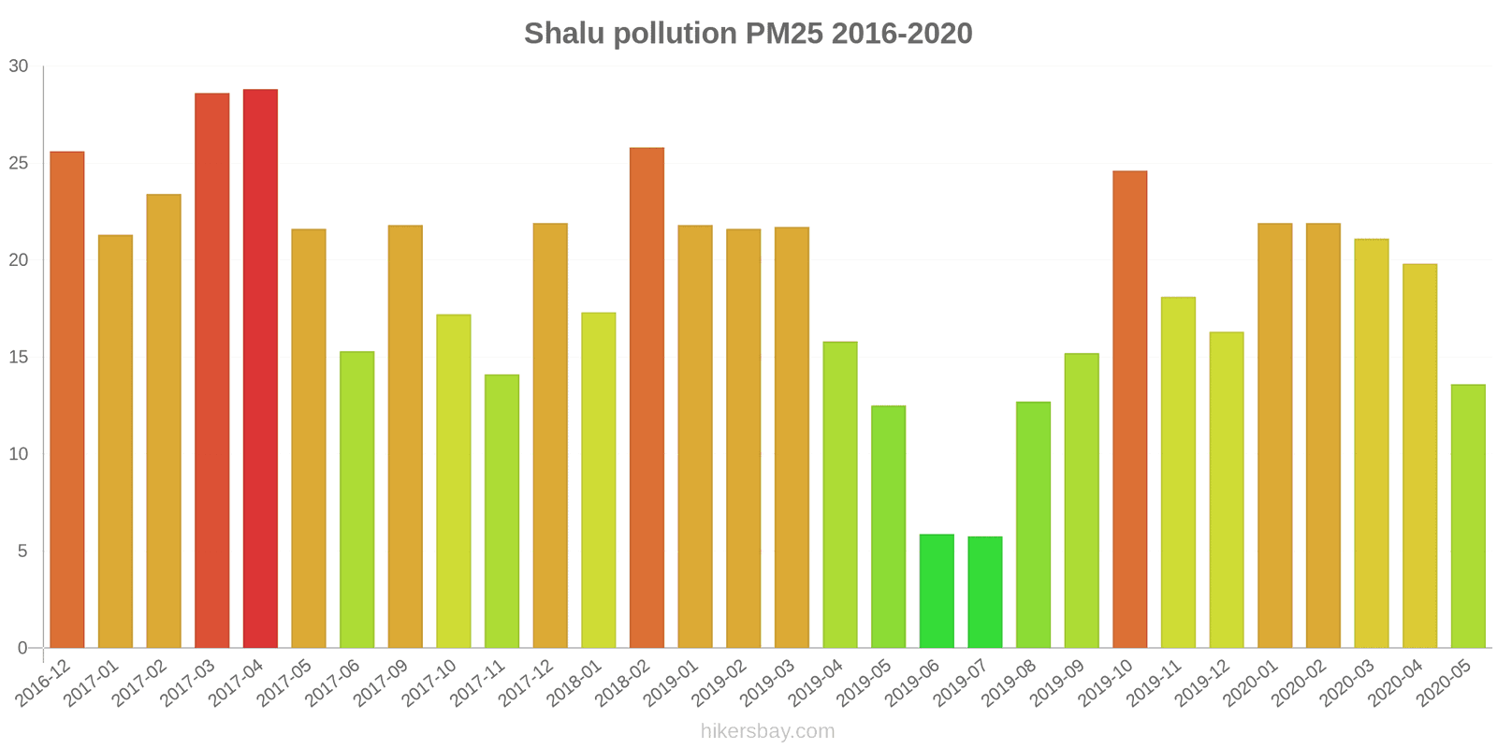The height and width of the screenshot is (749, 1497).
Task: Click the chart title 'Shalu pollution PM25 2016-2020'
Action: tap(748, 34)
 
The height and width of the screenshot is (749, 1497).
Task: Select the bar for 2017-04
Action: tap(260, 369)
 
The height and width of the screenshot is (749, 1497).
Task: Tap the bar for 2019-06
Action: tap(937, 591)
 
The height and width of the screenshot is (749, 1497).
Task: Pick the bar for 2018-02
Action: tap(647, 398)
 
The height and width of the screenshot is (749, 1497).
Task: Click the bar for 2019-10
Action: tap(1130, 409)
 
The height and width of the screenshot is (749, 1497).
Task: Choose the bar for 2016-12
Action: tap(67, 400)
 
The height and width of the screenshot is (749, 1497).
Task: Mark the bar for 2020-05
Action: tap(1468, 516)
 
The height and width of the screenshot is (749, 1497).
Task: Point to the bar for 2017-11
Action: tap(501, 511)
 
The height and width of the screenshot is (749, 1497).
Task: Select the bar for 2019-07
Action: tap(985, 592)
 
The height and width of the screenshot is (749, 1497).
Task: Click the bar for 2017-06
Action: tap(356, 500)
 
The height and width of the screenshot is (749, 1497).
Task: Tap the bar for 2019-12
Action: tap(1227, 490)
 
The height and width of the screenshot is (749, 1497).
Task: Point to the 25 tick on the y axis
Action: tap(19, 164)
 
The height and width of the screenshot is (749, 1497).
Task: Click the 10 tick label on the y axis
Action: tap(19, 455)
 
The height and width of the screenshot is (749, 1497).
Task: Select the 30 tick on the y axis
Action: tap(19, 66)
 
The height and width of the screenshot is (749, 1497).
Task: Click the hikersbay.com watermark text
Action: tap(767, 731)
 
